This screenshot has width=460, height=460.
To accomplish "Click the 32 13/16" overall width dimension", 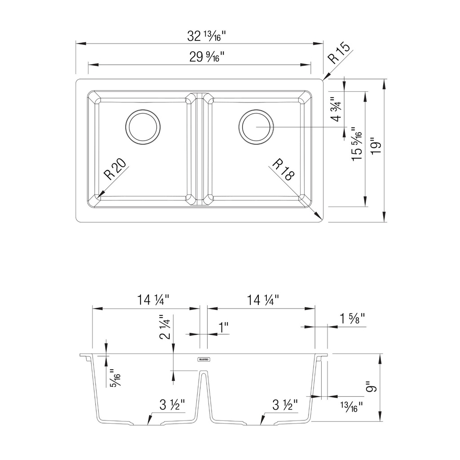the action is coord(207,36).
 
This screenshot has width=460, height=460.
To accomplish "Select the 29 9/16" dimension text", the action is coord(207,57).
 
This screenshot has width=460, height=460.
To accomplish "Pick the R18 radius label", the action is coord(283,169).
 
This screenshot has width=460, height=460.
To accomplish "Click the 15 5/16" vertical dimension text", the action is coord(357,144).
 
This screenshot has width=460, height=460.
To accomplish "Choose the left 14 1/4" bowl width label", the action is coord(153,300).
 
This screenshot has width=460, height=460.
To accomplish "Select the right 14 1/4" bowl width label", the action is coord(262,300).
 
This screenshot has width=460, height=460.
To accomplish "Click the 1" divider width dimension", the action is coord(224,327).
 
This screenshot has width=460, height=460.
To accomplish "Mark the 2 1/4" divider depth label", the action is coord(165,327).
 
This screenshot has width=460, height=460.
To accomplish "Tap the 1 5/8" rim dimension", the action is coord(352,319).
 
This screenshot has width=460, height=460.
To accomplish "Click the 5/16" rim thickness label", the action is coord(115,380).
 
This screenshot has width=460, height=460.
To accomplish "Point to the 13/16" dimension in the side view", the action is coord(351,407).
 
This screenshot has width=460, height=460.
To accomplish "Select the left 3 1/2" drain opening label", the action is coord(172,405).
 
